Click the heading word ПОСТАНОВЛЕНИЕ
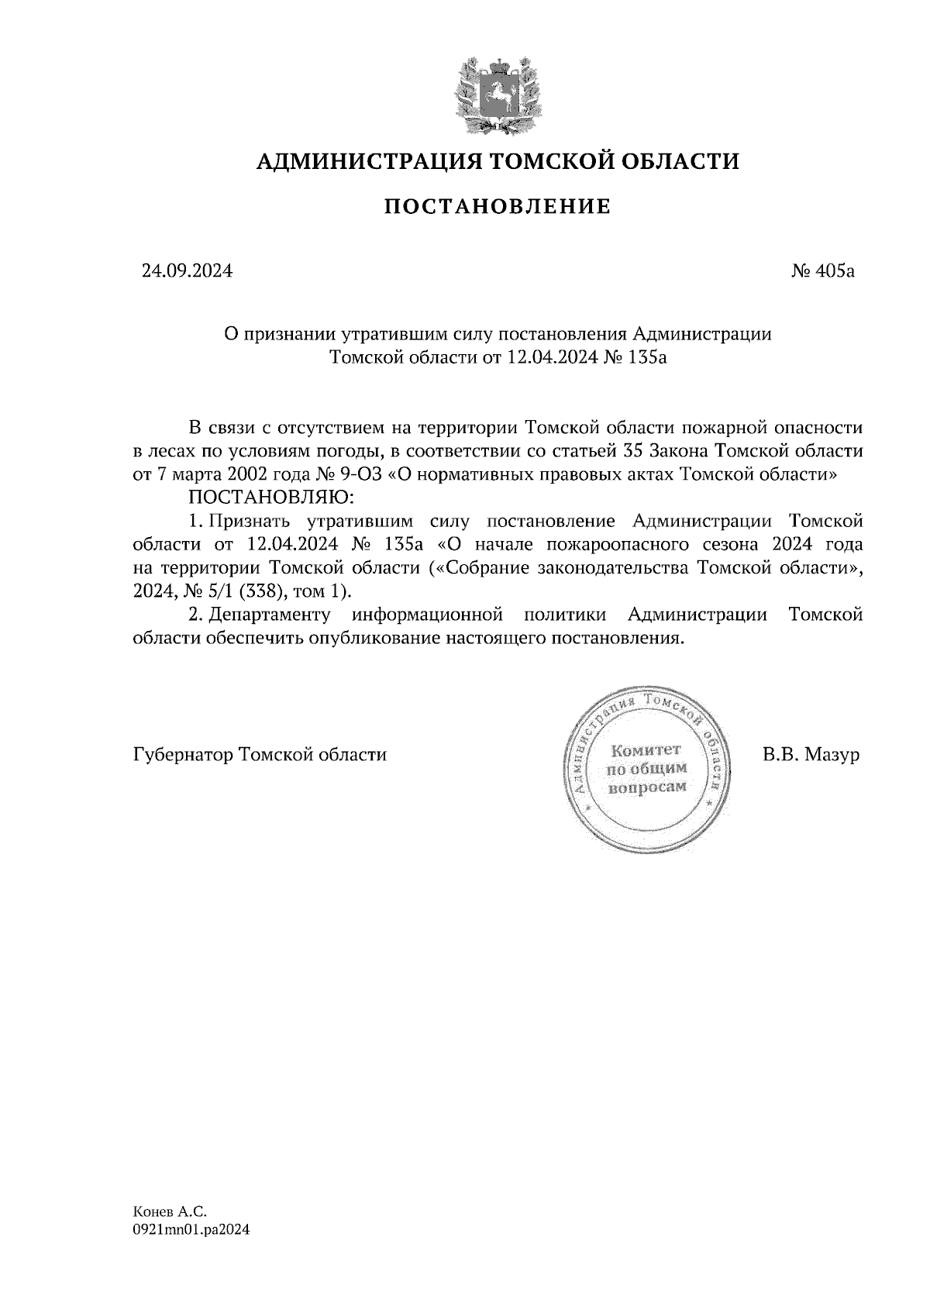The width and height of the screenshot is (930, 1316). [x=498, y=207]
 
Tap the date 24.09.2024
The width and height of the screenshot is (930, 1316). [x=186, y=271]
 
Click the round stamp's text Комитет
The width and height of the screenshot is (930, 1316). [x=645, y=749]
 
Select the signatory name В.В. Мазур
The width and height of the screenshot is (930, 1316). [x=811, y=754]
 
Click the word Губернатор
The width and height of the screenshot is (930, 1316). [x=183, y=755]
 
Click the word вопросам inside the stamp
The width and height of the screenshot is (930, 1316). [x=648, y=787]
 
